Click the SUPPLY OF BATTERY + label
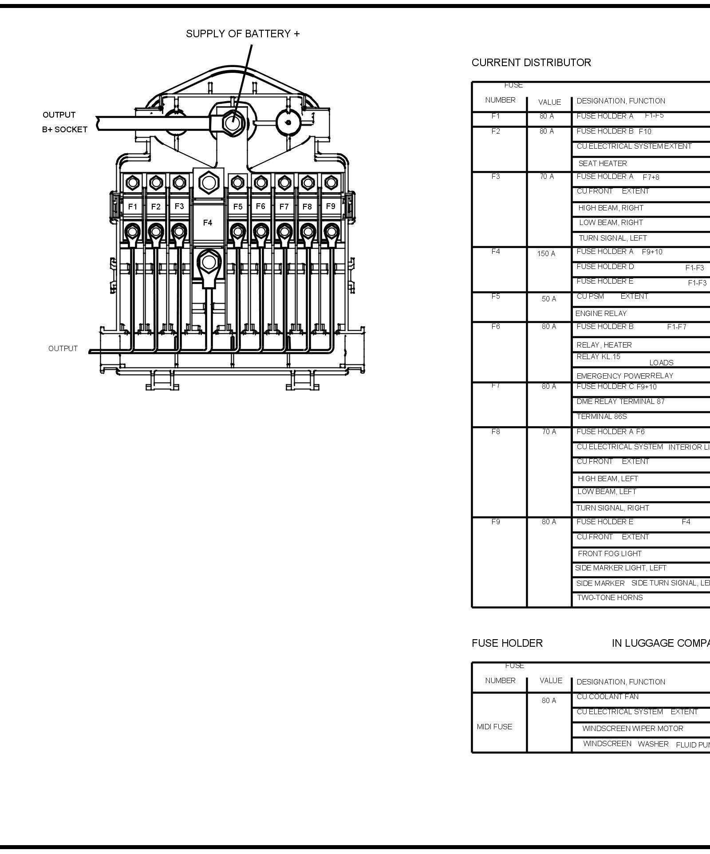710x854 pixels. pos(243,34)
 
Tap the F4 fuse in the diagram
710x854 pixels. pos(208,222)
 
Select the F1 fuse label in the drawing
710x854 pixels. pos(133,207)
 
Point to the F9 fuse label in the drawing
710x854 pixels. pos(331,206)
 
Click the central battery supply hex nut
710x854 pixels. pos(231,121)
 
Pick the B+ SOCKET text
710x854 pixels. pos(65,130)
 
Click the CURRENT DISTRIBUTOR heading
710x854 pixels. pos(531,63)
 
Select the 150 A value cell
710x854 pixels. pos(546,253)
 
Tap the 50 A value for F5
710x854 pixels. pos(548,299)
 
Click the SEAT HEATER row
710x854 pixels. pos(602,163)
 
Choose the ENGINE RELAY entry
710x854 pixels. pos(601,313)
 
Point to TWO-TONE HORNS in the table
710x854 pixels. pos(609,597)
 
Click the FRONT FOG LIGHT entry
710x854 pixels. pos(609,554)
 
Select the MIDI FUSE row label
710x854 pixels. pos(494,727)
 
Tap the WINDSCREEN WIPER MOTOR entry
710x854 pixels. pos(632,728)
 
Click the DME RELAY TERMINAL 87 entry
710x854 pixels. pos(620,401)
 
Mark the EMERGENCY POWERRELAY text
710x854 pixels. pos(625,376)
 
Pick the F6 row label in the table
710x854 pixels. pos(496,326)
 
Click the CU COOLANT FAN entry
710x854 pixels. pos(607,696)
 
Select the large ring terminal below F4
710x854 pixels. pos(209,262)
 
